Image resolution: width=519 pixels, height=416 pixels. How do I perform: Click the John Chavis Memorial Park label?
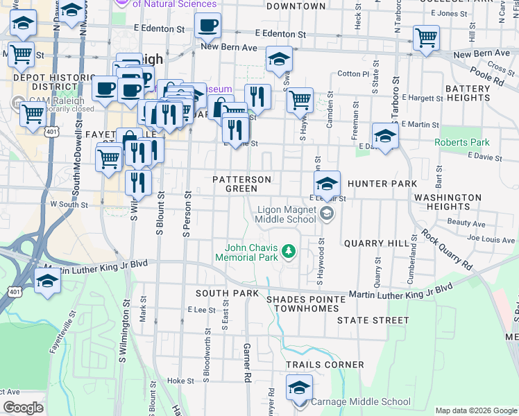point(253,252)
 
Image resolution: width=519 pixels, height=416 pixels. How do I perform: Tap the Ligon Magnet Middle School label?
point(287,214)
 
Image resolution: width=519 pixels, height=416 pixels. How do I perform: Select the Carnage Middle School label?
point(360,401)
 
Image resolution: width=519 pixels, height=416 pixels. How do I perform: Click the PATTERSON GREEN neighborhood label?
point(241,184)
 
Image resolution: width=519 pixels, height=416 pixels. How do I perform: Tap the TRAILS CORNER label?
point(325,365)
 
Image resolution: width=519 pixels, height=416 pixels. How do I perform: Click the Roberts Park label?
point(461,143)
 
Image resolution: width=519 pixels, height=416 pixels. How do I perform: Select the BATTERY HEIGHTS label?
point(468,94)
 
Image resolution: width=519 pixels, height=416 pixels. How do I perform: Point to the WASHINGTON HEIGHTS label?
point(448,202)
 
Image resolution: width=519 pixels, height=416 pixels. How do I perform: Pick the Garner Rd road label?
point(246,362)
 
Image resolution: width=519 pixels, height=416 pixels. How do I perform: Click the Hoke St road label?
point(180,381)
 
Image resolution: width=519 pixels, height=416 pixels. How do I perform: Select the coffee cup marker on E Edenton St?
point(207,27)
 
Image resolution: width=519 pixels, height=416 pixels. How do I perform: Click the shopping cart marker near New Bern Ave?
point(426,37)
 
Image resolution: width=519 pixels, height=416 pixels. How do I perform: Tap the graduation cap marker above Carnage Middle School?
point(299,387)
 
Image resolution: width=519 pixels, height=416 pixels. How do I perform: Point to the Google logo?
point(23,408)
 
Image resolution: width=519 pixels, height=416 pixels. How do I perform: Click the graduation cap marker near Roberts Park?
point(385,135)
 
